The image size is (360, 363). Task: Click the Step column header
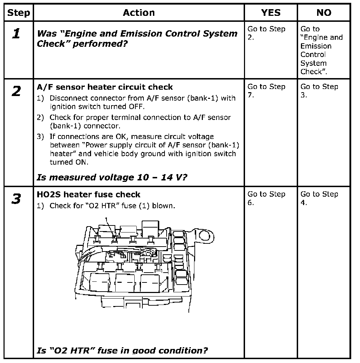click(19, 13)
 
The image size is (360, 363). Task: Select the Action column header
click(139, 13)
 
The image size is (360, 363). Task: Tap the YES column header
click(271, 13)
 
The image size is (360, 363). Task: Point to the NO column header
click(324, 13)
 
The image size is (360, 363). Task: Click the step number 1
click(16, 34)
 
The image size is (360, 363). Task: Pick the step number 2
click(16, 92)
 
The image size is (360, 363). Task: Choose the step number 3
click(16, 199)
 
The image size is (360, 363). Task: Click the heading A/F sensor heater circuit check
click(105, 87)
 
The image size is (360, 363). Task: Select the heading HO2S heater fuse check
click(89, 195)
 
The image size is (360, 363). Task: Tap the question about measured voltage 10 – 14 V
click(112, 177)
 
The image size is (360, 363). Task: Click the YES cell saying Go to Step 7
click(266, 91)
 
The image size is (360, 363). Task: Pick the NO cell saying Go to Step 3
click(319, 91)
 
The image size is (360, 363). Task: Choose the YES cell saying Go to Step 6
click(266, 198)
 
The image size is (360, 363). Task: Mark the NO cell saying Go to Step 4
click(319, 198)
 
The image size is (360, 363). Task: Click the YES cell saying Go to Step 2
click(266, 33)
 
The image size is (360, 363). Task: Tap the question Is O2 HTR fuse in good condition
click(122, 350)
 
